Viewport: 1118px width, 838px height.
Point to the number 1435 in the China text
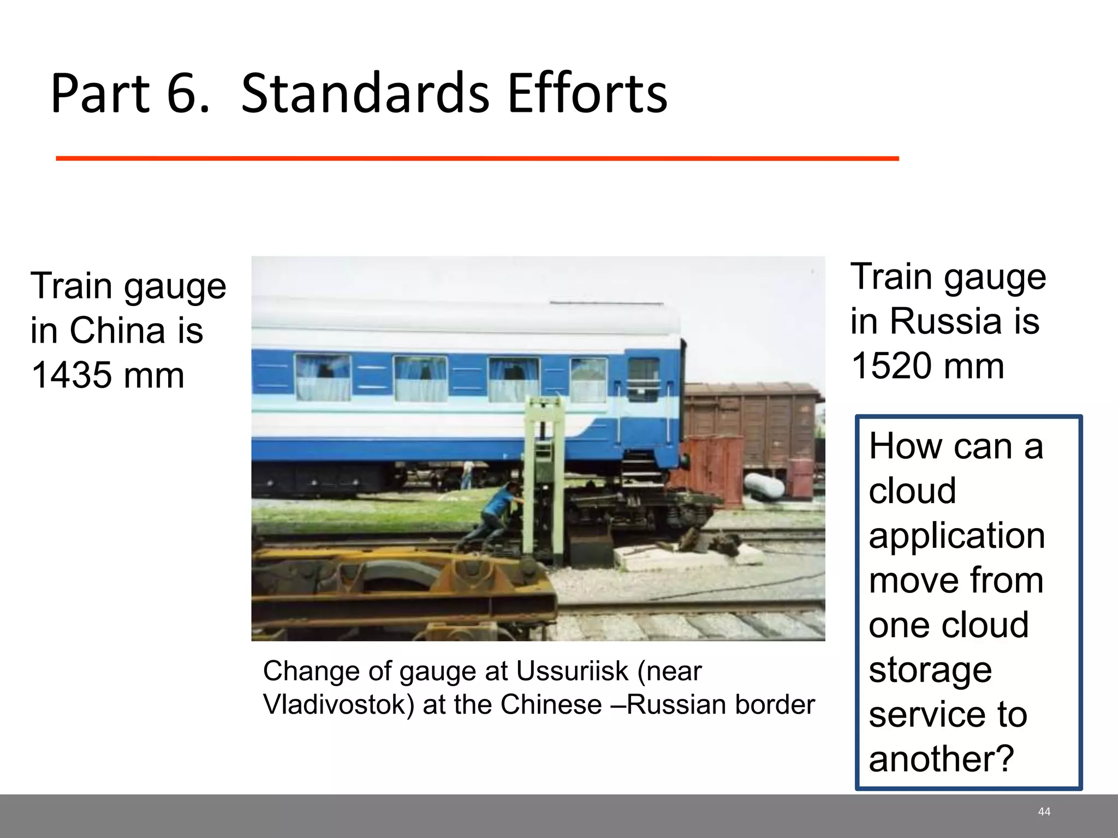[x=70, y=375]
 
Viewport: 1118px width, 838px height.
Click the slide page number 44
[x=1044, y=812]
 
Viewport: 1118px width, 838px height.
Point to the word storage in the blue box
[x=930, y=669]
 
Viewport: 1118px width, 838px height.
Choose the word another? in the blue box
[x=941, y=759]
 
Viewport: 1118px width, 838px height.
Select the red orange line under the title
[x=477, y=158]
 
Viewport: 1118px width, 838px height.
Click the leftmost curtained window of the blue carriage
[x=323, y=378]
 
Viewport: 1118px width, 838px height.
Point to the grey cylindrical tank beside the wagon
[x=764, y=487]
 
